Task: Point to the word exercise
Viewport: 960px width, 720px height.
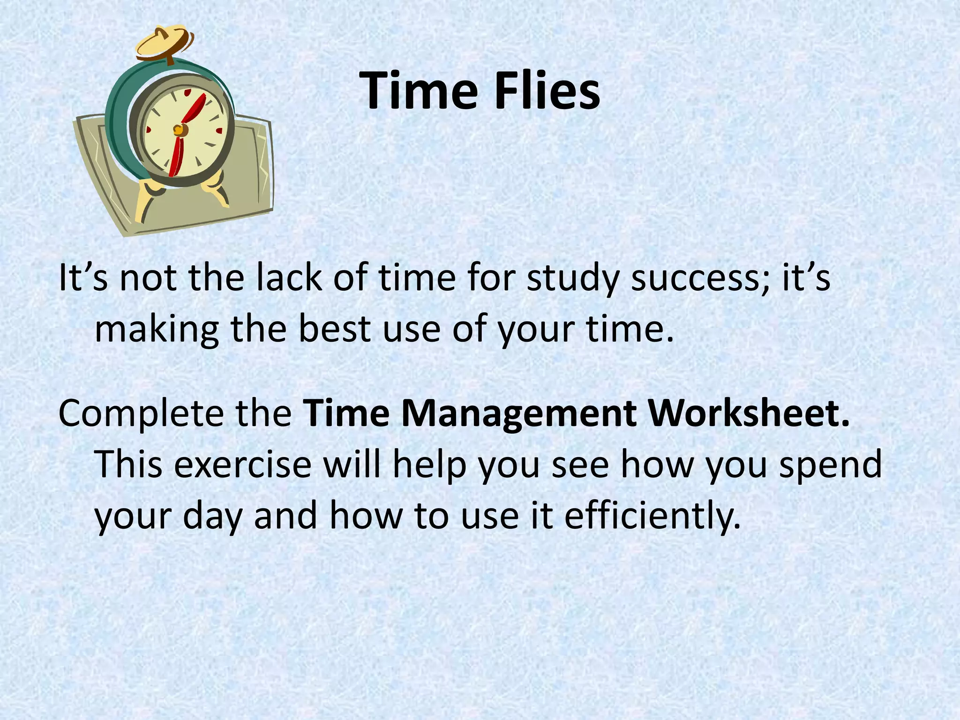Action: (243, 465)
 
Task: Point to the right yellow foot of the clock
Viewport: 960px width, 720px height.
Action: (215, 190)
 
